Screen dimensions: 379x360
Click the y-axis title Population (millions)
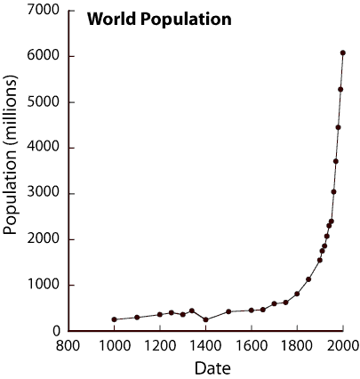pos(12,169)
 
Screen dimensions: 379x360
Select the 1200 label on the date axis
pos(159,344)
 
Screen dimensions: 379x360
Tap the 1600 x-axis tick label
pos(251,344)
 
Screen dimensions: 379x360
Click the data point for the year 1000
pos(114,319)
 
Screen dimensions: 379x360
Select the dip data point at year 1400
pos(205,319)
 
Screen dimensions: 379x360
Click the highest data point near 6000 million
pos(343,52)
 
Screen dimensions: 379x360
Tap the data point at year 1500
pos(228,311)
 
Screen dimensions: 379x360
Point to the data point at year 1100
pos(137,317)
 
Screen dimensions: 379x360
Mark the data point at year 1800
pos(297,294)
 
